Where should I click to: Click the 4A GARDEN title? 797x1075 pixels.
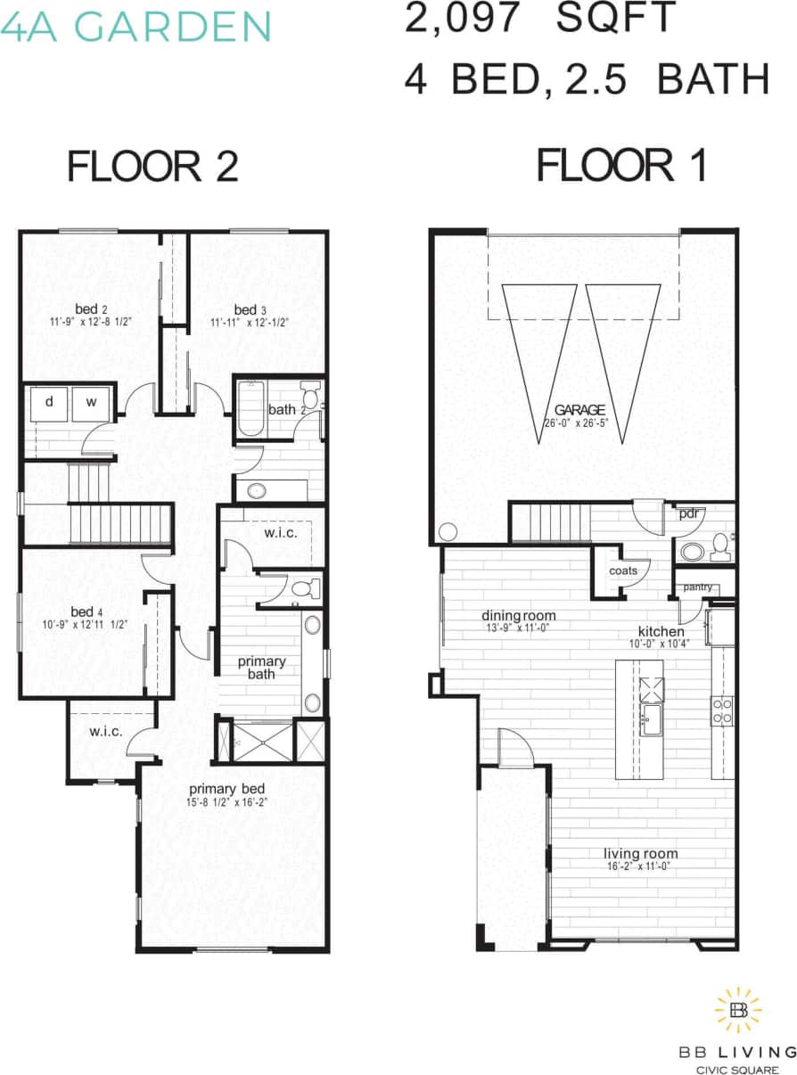tap(136, 27)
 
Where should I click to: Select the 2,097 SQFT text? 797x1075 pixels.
tap(540, 20)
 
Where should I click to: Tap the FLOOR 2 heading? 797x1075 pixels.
tap(153, 167)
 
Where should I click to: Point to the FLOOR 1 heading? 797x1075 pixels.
tap(621, 167)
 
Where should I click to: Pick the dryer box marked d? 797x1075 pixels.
tap(49, 403)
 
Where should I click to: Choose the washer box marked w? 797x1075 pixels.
tap(91, 403)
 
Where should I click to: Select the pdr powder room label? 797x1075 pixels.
tap(688, 514)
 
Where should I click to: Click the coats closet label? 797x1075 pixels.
tap(622, 570)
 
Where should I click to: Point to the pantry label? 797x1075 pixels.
tap(698, 587)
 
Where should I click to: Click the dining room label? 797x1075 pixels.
tap(519, 615)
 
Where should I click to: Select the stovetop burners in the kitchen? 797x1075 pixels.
tap(722, 710)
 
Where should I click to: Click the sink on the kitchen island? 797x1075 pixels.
tap(650, 718)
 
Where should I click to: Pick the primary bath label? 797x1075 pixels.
tap(261, 667)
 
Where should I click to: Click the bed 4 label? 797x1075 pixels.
tap(82, 611)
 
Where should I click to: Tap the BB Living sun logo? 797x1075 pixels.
tap(738, 1010)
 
